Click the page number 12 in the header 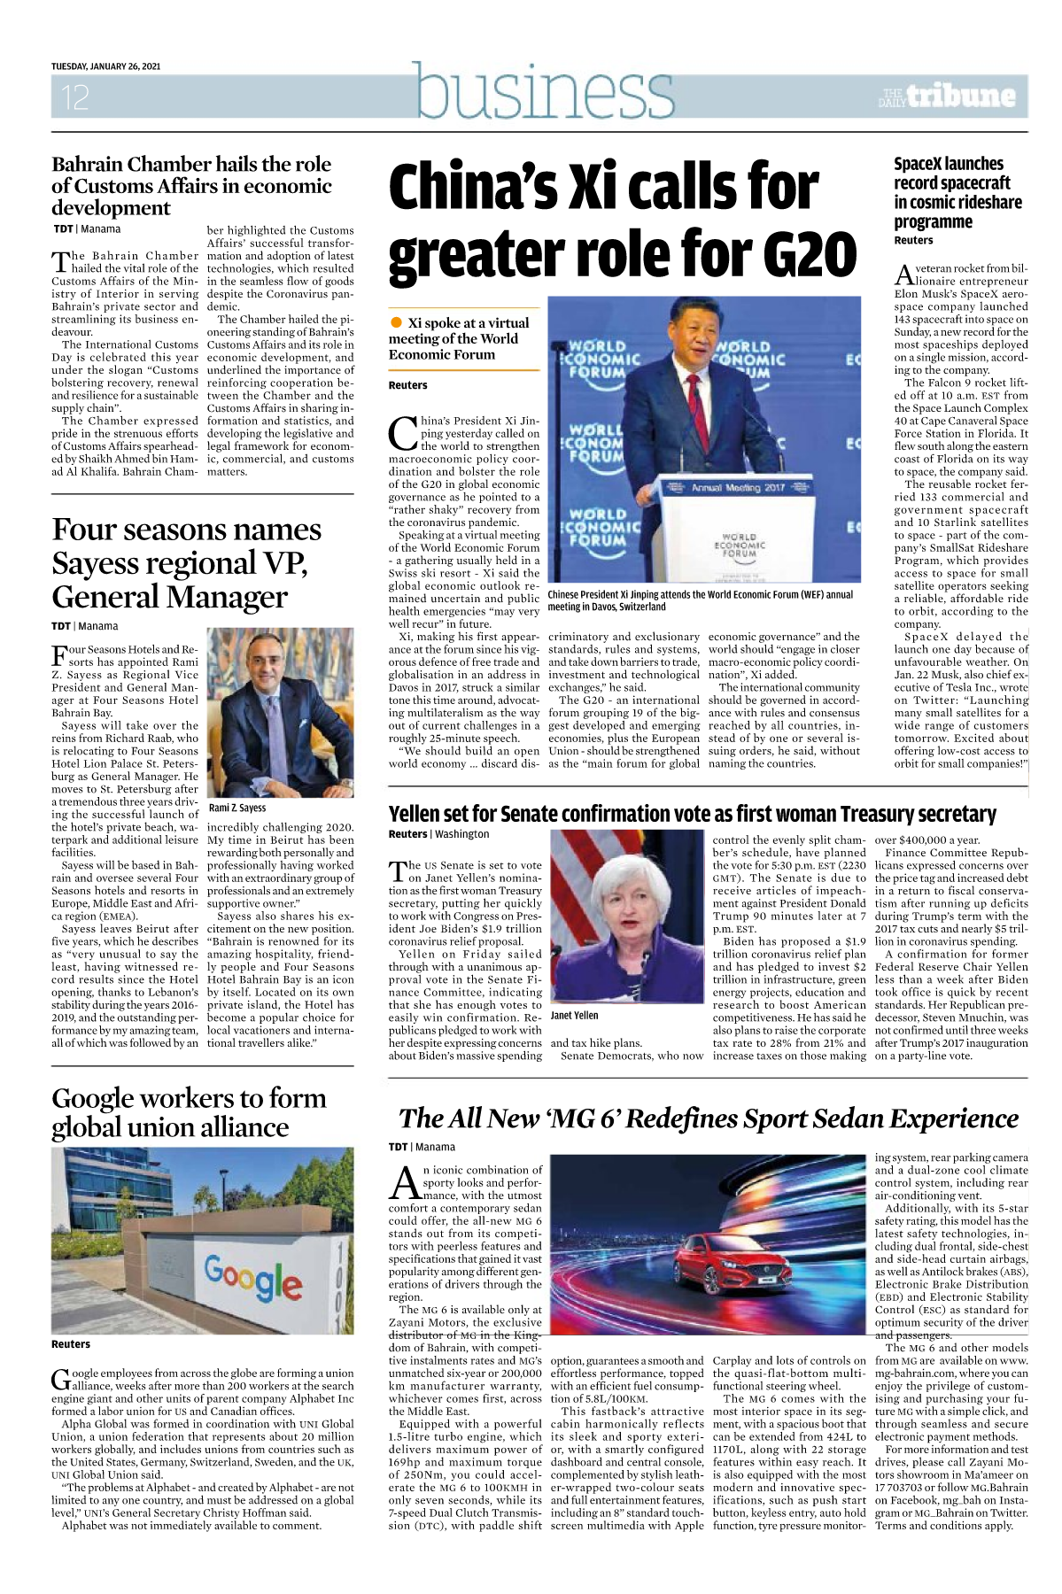(x=75, y=97)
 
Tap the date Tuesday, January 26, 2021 (x=105, y=66)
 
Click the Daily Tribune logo (x=947, y=96)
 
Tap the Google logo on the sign (x=253, y=1278)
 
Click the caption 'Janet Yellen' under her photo (x=574, y=1016)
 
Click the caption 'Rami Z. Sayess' (x=236, y=808)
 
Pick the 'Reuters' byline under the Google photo (x=71, y=1344)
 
